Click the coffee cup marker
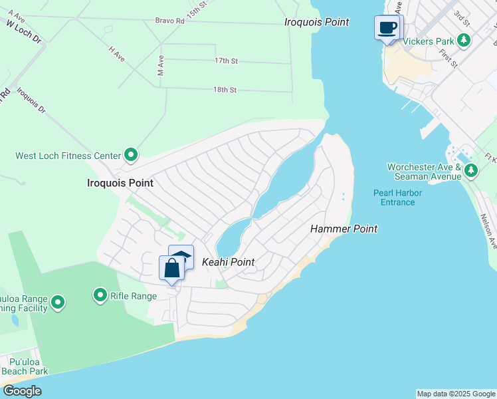387,28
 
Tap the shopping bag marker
172,269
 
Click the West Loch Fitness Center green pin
131,155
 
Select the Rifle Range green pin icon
100,294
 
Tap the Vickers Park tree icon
464,41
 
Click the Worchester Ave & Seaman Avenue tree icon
471,170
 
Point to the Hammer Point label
344,229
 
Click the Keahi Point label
229,262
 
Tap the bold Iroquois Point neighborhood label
120,183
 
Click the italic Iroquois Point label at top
316,22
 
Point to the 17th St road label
226,61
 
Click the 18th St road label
225,89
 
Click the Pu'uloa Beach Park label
24,366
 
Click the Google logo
21,391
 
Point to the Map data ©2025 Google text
455,394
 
